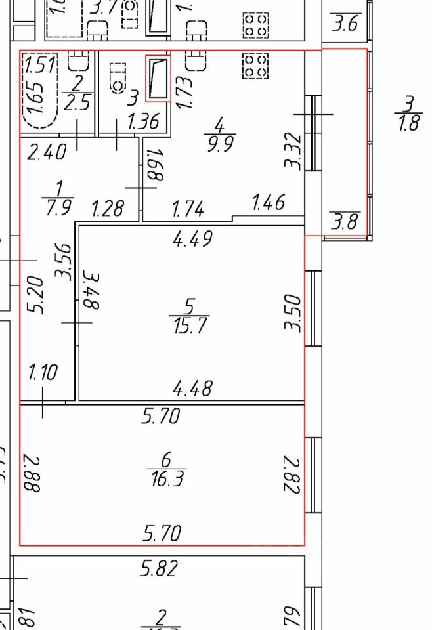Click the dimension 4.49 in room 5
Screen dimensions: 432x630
192,240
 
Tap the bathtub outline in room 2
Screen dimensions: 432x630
39,93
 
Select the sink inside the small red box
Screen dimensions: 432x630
157,78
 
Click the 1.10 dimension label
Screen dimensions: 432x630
43,373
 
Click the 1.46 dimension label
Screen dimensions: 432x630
269,202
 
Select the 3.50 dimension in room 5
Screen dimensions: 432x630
295,314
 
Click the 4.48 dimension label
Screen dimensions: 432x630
192,388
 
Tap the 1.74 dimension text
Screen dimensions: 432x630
188,210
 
